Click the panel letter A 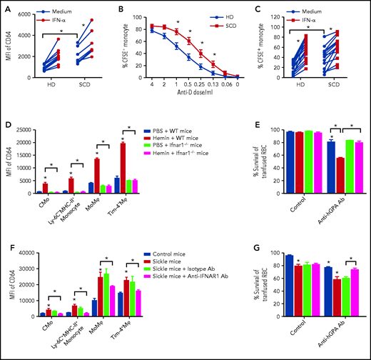pos(6,6)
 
